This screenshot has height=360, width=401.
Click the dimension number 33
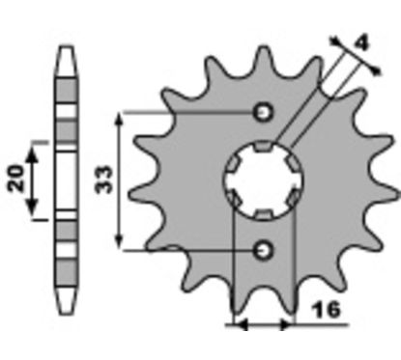pyautogui.click(x=105, y=180)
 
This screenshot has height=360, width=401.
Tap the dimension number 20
pyautogui.click(x=17, y=179)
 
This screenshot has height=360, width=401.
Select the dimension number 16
pyautogui.click(x=327, y=309)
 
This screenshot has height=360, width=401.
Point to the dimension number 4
pyautogui.click(x=362, y=43)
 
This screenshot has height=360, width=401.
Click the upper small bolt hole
pyautogui.click(x=264, y=112)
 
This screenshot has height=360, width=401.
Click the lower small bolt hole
pyautogui.click(x=264, y=250)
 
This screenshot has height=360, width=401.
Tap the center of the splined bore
pyautogui.click(x=264, y=180)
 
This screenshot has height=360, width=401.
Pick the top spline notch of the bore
pyautogui.click(x=263, y=147)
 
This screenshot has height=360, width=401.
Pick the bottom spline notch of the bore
pyautogui.click(x=264, y=214)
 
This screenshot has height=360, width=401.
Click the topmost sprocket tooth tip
pyautogui.click(x=264, y=48)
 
